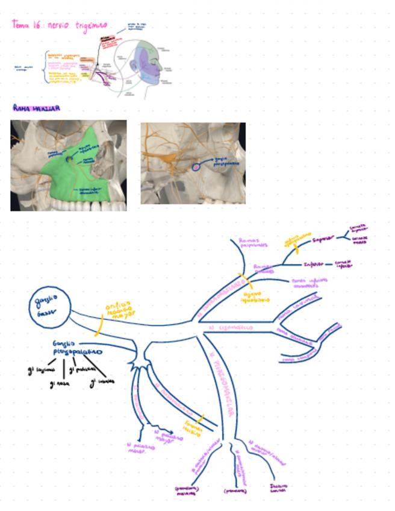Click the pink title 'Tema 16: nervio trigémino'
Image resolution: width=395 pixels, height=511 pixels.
(60, 25)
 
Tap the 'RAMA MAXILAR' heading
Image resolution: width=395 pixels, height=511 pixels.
(36, 108)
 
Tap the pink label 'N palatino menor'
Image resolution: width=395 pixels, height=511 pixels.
(139, 448)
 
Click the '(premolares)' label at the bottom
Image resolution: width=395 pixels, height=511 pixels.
(235, 491)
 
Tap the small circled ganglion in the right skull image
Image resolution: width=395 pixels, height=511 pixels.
(196, 166)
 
